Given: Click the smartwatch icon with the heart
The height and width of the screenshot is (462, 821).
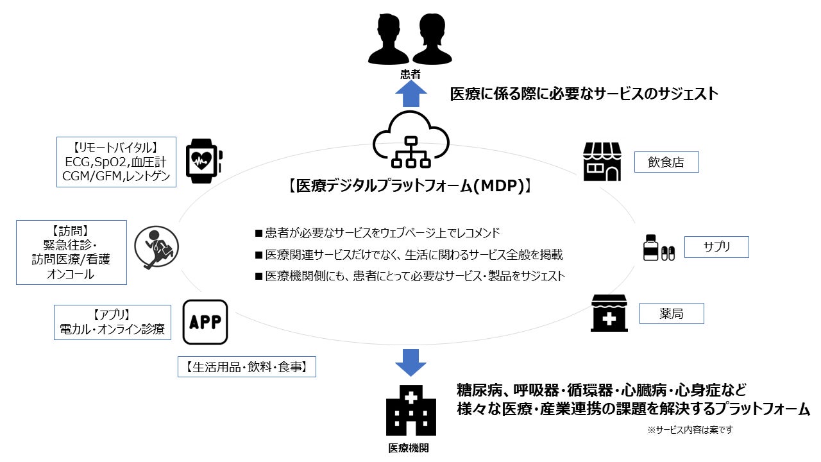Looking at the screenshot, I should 204,158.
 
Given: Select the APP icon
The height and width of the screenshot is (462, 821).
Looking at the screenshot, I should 205,322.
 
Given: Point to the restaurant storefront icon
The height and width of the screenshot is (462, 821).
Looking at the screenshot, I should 602,161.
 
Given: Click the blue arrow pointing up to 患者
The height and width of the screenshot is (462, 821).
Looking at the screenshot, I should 410,94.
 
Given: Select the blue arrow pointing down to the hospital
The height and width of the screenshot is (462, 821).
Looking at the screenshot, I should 410,363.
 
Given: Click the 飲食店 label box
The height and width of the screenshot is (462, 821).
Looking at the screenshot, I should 666,162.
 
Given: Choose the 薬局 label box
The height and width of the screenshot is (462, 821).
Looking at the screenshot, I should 672,314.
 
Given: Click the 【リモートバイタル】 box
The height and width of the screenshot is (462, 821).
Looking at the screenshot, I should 116,161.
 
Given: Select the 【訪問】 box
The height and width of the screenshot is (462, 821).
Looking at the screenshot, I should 71,252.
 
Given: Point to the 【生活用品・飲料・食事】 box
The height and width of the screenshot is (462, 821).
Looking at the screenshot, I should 247,367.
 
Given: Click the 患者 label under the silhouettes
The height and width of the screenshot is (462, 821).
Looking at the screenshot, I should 410,74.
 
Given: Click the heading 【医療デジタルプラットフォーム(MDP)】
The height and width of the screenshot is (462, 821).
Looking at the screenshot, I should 410,187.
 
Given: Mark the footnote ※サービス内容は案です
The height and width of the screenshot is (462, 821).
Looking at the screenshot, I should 690,430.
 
